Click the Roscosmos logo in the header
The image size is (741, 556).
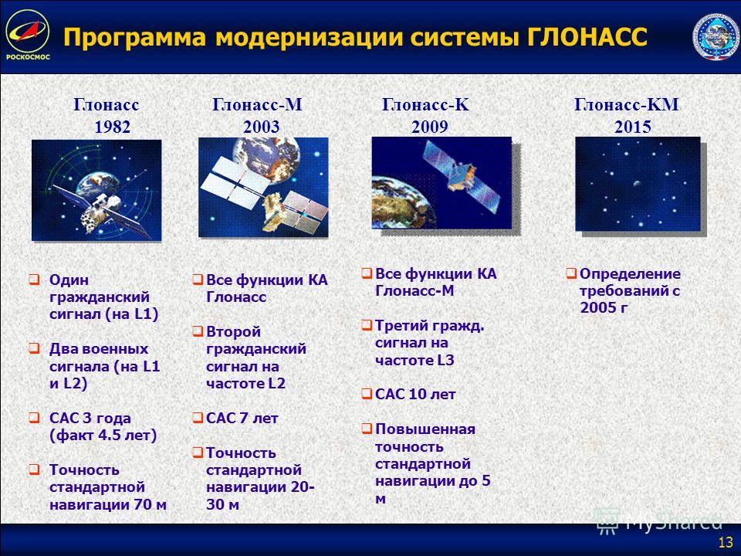pos(28,35)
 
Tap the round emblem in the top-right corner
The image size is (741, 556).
pos(715,36)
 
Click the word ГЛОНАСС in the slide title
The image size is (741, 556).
pos(587,37)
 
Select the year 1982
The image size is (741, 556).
pos(113,127)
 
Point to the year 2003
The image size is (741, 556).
pos(262,127)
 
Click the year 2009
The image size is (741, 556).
pos(430,127)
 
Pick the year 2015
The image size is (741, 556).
pos(633,127)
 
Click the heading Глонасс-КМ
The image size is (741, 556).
pos(627,104)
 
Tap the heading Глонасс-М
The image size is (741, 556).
pos(257,104)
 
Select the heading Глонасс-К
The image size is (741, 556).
pos(425,104)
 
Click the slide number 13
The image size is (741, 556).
pos(726,542)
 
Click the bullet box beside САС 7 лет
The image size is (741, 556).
pos(198,418)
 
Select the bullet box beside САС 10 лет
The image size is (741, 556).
pos(367,394)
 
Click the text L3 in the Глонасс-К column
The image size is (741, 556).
pos(445,361)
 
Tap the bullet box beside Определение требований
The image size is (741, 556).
pos(571,273)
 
